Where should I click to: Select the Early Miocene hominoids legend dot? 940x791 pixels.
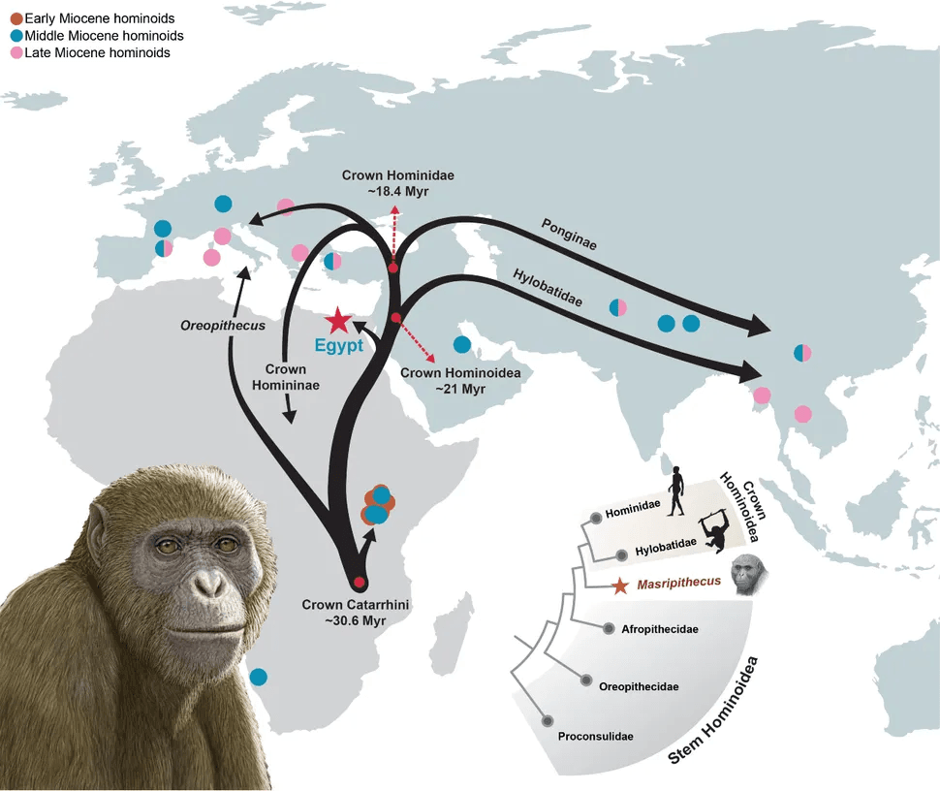coord(16,19)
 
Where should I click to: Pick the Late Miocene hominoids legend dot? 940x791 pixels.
coord(16,52)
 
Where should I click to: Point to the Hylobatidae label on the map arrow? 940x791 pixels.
coord(547,288)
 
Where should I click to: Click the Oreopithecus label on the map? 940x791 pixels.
coord(223,327)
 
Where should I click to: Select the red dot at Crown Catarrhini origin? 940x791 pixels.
coord(359,583)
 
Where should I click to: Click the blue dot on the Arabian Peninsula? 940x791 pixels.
coord(462,344)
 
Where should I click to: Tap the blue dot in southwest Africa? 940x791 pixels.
coord(259,677)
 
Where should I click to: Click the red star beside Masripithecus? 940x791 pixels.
coord(620,585)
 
